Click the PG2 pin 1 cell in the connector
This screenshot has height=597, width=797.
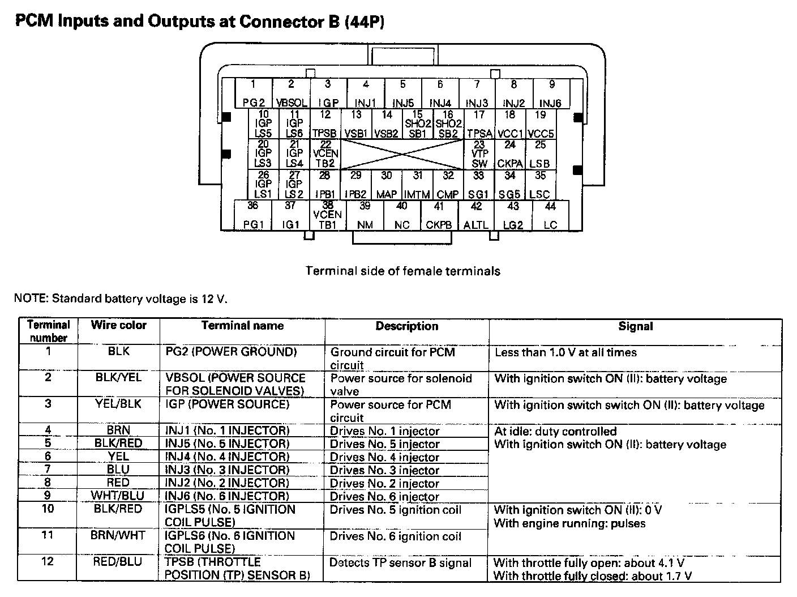click(x=254, y=93)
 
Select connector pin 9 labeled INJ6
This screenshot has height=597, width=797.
click(x=551, y=93)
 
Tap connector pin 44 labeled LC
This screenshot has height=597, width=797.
click(x=550, y=216)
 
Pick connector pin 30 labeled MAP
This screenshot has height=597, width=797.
click(x=387, y=185)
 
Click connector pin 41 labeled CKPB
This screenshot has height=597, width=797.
click(x=439, y=216)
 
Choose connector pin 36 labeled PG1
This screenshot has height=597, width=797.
click(x=253, y=216)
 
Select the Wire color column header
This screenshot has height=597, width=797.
click(x=118, y=326)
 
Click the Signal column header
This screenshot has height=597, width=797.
click(x=635, y=326)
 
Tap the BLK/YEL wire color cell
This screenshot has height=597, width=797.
click(x=118, y=378)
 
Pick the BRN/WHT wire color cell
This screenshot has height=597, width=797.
click(x=118, y=535)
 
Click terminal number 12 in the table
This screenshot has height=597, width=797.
click(x=48, y=561)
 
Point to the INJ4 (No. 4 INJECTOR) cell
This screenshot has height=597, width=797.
click(x=227, y=457)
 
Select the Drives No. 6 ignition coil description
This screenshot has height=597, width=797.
click(x=396, y=536)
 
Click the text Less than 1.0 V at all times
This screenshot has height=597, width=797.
click(x=565, y=352)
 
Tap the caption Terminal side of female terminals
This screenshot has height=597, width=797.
click(x=402, y=271)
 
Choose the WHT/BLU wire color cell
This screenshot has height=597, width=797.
click(x=118, y=496)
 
